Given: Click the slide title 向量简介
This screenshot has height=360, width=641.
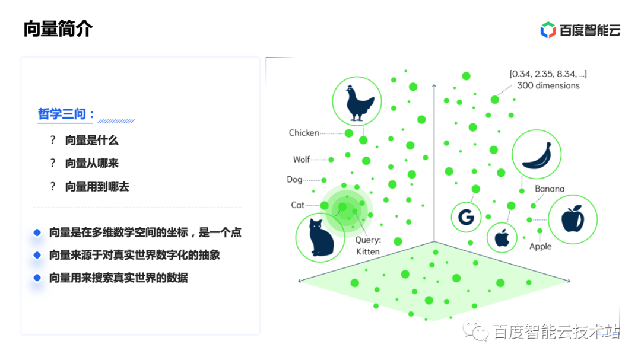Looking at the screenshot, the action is [x=58, y=28].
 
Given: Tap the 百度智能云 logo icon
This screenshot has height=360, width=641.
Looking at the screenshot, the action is [x=548, y=30].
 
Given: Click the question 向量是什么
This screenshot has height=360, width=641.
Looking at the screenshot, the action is [x=91, y=140].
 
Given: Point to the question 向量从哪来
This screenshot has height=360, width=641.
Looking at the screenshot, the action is [x=91, y=164].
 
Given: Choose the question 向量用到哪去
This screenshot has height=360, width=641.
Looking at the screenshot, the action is [x=97, y=187].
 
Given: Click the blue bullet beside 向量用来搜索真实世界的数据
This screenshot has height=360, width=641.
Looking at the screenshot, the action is [x=37, y=278].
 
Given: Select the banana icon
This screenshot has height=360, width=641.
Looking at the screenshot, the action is [x=537, y=156].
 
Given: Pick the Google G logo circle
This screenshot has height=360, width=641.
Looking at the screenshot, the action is [x=466, y=217].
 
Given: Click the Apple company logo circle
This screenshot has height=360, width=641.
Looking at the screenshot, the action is [x=502, y=237].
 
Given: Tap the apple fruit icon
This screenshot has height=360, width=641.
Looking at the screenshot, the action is [x=572, y=219].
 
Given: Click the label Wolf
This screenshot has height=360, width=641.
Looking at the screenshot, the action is [x=302, y=160].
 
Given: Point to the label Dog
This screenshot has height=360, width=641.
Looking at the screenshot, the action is [x=294, y=179].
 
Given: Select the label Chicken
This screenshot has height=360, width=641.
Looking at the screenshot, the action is [x=304, y=133].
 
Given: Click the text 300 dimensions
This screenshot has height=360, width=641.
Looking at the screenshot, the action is [x=548, y=85].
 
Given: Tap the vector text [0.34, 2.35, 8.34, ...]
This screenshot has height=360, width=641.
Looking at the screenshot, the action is [x=548, y=74].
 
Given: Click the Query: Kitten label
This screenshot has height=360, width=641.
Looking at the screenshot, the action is [x=368, y=246].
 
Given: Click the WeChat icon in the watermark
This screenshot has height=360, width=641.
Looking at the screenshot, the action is [x=475, y=330].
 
